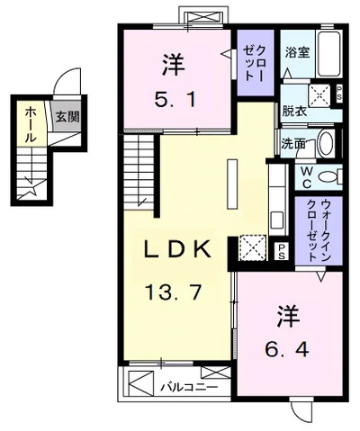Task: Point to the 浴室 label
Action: (x=297, y=52)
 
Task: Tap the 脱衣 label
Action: (x=293, y=112)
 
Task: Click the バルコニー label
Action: (x=181, y=387)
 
